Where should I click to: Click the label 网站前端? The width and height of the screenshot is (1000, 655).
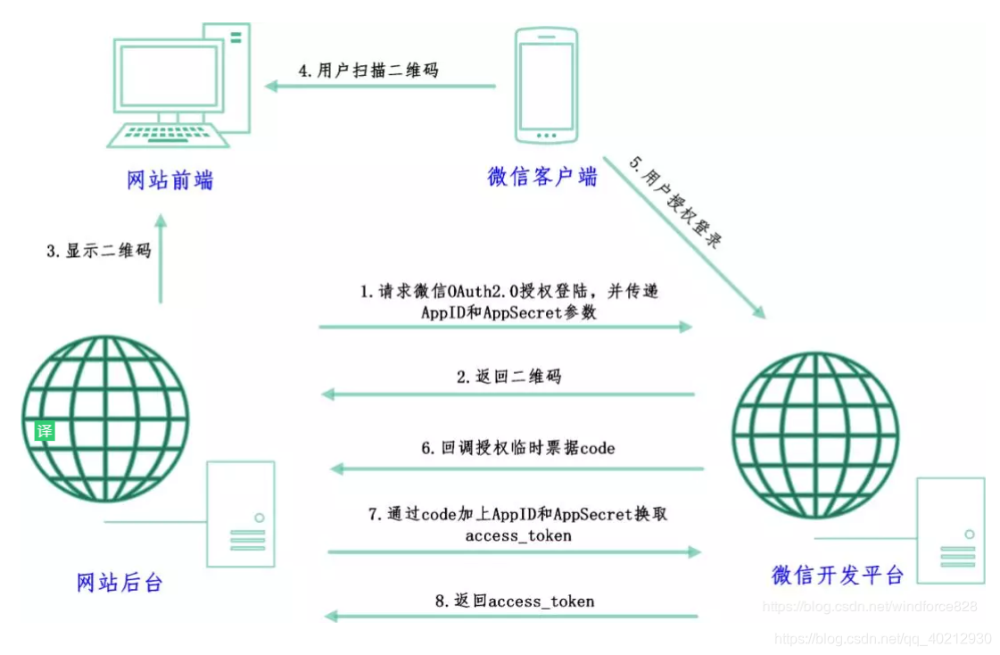(170, 180)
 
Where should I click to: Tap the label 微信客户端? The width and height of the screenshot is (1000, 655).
(542, 176)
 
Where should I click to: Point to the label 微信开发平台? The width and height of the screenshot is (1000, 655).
(838, 575)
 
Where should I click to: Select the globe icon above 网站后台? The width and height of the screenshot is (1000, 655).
(104, 419)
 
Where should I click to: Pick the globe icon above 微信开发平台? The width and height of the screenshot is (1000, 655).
(814, 435)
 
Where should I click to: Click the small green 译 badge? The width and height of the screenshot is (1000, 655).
(45, 431)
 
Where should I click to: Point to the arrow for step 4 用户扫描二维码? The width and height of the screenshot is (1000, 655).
(380, 87)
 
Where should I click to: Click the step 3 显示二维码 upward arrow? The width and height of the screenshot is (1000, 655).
(161, 259)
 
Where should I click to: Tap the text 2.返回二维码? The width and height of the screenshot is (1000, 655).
(509, 377)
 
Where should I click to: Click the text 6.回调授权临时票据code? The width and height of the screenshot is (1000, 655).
(517, 448)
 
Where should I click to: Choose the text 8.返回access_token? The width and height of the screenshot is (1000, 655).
(515, 601)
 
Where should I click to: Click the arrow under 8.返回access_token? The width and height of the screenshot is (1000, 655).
(509, 616)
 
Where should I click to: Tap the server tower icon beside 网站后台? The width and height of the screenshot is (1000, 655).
(241, 513)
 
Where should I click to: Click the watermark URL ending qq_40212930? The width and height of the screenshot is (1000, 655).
(883, 639)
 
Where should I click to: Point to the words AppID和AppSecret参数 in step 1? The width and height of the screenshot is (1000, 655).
(509, 312)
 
